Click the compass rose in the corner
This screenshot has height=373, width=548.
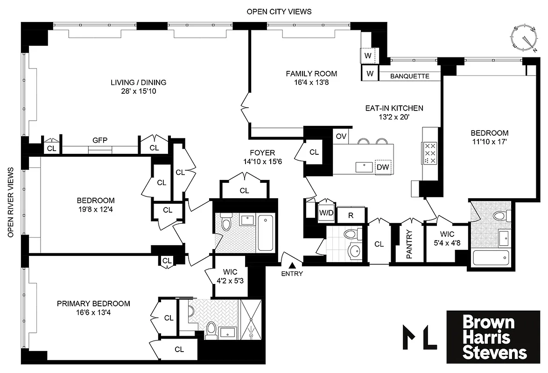click(525, 38)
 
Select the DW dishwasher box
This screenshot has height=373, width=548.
click(383, 167)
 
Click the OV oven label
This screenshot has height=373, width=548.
click(341, 136)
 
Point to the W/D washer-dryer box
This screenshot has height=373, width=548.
click(326, 213)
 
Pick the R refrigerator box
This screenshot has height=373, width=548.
click(351, 215)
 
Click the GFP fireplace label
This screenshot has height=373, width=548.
click(99, 140)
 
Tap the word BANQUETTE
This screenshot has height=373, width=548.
click(409, 76)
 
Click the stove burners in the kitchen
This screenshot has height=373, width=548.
click(429, 152)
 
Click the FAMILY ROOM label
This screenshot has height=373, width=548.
click(311, 78)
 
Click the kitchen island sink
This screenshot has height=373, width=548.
click(362, 166)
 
